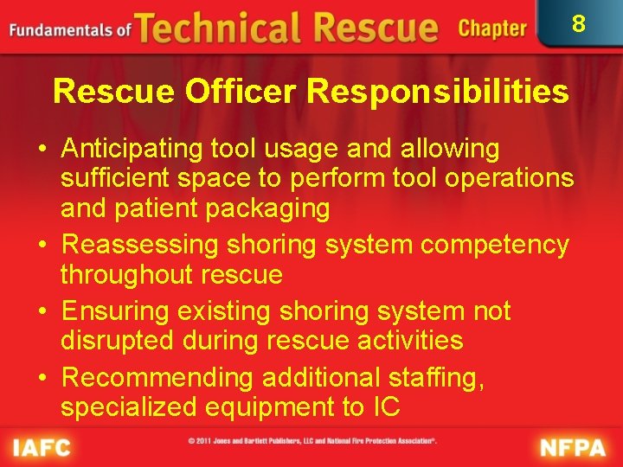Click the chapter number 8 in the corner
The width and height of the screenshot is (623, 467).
pyautogui.click(x=579, y=24)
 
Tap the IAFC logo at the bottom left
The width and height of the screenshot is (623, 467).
pyautogui.click(x=42, y=447)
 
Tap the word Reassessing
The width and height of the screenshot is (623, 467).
pyautogui.click(x=140, y=245)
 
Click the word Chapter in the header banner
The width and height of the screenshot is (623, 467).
pyautogui.click(x=491, y=29)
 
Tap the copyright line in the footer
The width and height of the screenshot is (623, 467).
pyautogui.click(x=311, y=441)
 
